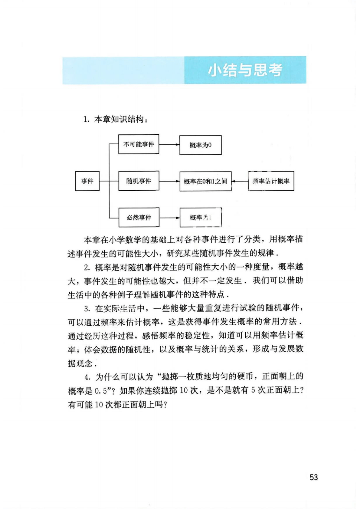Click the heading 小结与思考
[245, 70]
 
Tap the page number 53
[314, 477]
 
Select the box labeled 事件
[87, 181]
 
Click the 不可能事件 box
[139, 144]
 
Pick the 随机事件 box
[139, 181]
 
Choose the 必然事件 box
[139, 217]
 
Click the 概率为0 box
[200, 145]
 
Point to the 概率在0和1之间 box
[205, 181]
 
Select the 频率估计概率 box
[271, 181]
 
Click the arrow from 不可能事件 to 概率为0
[169, 145]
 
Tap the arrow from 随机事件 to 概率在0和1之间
[169, 181]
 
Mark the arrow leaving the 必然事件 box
[169, 218]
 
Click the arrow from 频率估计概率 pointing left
[240, 181]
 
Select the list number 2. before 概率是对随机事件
[87, 268]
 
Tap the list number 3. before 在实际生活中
[87, 309]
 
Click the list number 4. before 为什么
[88, 377]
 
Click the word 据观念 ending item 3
[80, 363]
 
